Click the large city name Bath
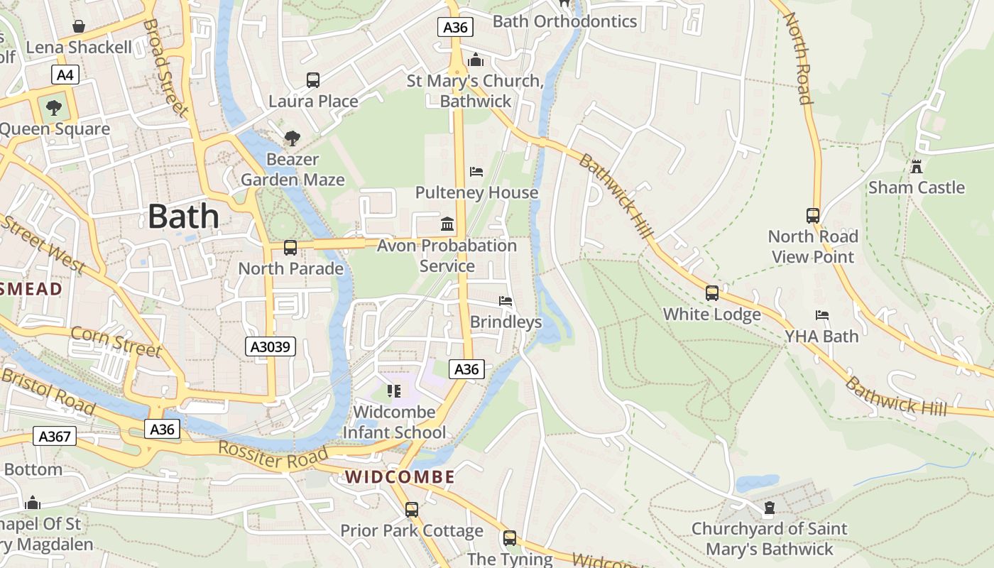pos(183,216)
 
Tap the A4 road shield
pos(65,75)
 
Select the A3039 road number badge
pos(271,346)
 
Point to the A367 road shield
pos(55,436)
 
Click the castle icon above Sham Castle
pos(917,167)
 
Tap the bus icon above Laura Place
pos(313,80)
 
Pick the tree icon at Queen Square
pos(53,109)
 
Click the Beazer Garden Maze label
pos(293,170)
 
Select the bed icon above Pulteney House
pos(476,172)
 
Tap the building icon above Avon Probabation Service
pos(447,224)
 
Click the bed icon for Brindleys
pos(506,301)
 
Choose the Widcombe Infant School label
pos(394,422)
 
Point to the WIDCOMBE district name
pos(400,477)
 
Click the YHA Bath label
pos(821,336)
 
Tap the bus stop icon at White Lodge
pos(712,293)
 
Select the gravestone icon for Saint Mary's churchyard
pos(769,508)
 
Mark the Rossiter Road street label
pos(273,456)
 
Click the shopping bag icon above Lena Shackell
pos(79,27)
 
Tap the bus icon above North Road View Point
pos(813,216)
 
